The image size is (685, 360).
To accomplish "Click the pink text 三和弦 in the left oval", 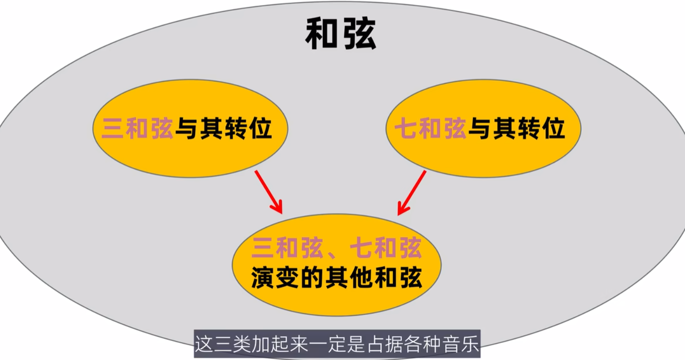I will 138,128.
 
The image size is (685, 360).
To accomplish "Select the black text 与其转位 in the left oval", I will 223,128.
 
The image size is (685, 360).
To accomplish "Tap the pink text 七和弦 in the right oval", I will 431,128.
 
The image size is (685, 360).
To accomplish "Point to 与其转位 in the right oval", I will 516,128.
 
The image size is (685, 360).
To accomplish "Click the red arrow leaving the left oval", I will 268,191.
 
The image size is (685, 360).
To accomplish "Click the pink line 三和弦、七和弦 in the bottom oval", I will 337,249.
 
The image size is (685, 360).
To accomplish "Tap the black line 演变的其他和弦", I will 337,278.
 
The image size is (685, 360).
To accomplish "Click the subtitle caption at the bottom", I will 336,346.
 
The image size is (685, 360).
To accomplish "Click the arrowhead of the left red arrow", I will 278,208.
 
